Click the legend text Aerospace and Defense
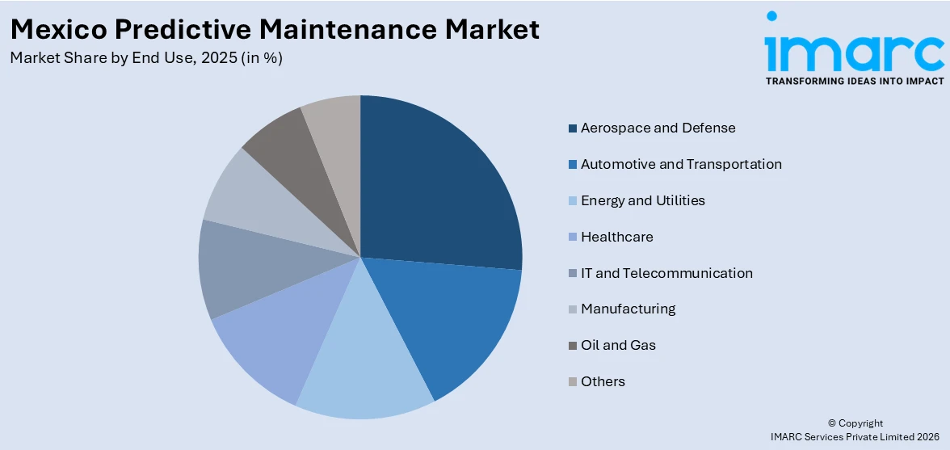[658, 128]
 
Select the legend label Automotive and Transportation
[680, 164]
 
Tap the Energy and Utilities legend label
[642, 200]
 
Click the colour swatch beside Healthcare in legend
[573, 238]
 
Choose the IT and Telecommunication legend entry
[666, 273]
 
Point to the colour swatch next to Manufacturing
[573, 309]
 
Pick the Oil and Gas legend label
[618, 345]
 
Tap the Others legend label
[603, 381]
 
